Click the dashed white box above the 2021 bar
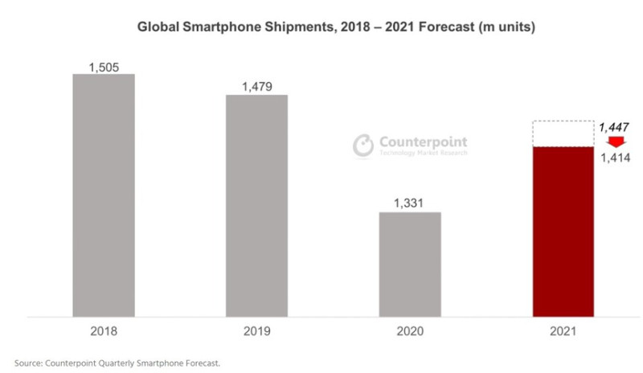tap(563, 134)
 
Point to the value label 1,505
tap(104, 67)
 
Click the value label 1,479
tap(257, 86)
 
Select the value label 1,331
tap(411, 203)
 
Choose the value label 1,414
tap(614, 157)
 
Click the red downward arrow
tap(615, 141)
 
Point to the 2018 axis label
tap(104, 330)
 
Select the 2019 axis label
tap(257, 330)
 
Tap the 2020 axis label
tap(410, 330)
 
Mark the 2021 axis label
tap(563, 330)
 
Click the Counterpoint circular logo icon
tap(364, 144)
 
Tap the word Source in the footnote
tap(29, 363)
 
